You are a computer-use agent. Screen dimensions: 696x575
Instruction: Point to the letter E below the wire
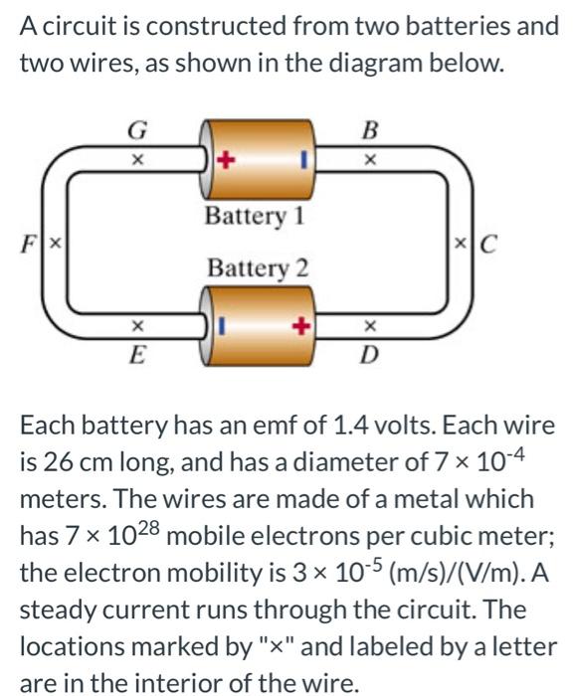click(x=138, y=353)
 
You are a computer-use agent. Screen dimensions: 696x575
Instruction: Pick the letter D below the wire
click(x=370, y=354)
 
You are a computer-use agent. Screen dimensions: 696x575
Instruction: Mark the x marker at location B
click(x=370, y=157)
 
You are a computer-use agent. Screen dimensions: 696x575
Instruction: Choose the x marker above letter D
click(x=370, y=324)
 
